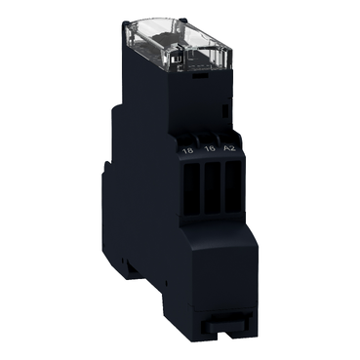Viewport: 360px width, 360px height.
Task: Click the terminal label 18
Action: point(187,151)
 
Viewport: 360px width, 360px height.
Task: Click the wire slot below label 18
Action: point(187,184)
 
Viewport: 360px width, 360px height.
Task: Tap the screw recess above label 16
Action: point(207,135)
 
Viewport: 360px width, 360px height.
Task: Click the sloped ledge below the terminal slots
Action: point(210,226)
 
